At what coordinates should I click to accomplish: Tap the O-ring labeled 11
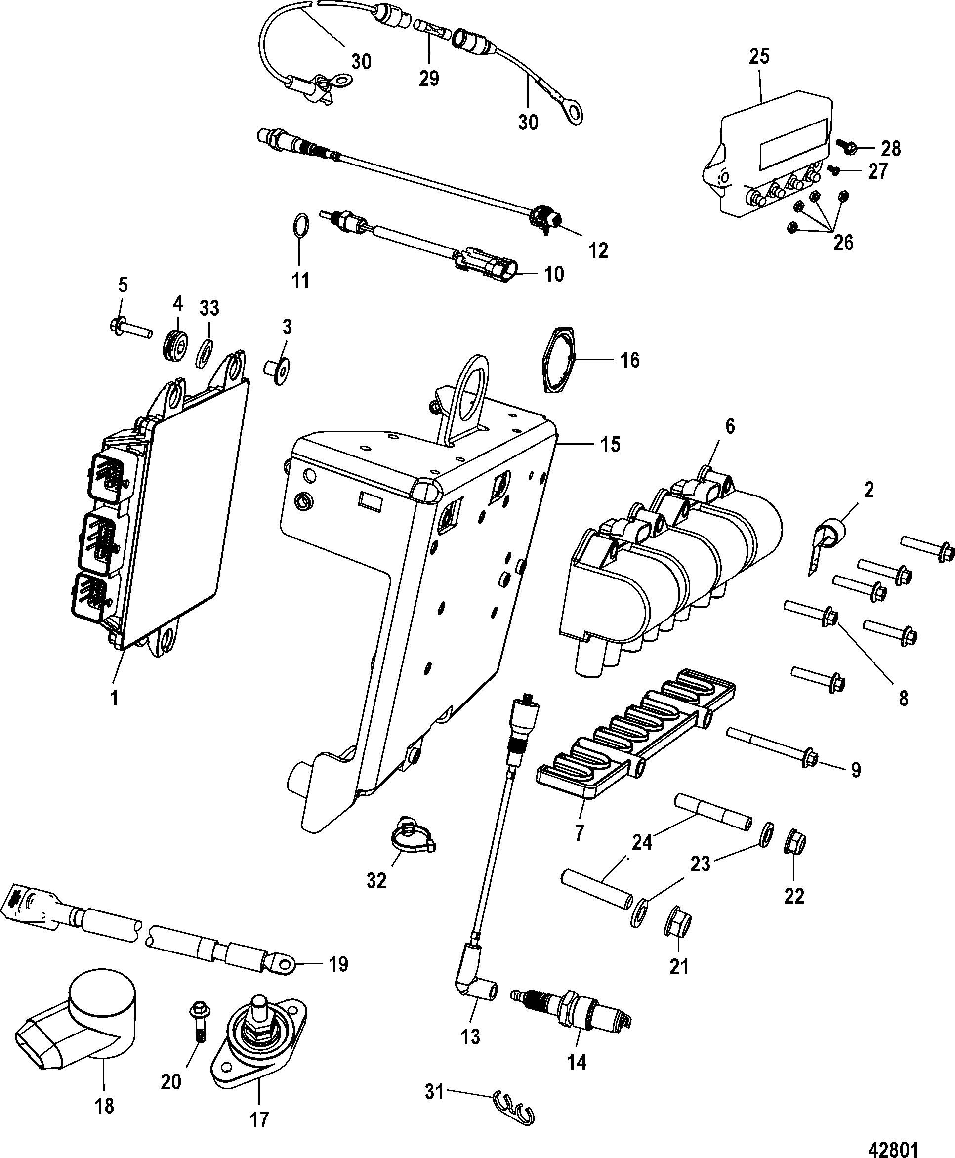[300, 226]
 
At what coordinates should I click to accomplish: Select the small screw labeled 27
[833, 171]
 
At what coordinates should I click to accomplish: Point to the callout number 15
[610, 445]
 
